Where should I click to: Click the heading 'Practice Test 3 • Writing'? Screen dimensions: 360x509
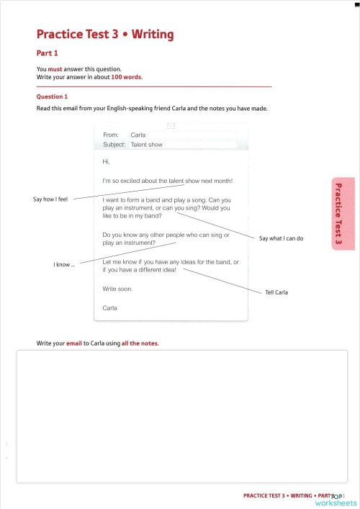click(x=104, y=35)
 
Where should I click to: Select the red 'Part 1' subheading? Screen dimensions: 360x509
click(x=47, y=53)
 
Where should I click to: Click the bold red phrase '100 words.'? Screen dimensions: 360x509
click(x=127, y=76)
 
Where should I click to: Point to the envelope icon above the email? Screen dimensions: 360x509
click(x=171, y=125)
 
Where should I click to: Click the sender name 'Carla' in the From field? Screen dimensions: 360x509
click(x=138, y=135)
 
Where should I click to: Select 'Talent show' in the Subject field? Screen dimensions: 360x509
click(x=146, y=145)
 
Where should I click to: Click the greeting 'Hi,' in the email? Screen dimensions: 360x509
click(x=107, y=162)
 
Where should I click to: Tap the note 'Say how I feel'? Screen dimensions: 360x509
click(x=50, y=199)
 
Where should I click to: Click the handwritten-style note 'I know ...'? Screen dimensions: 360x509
click(x=64, y=265)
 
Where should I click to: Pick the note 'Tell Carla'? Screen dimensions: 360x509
click(x=276, y=292)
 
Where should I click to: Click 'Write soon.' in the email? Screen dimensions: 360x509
click(x=117, y=289)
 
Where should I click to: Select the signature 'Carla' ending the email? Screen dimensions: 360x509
click(x=109, y=307)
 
